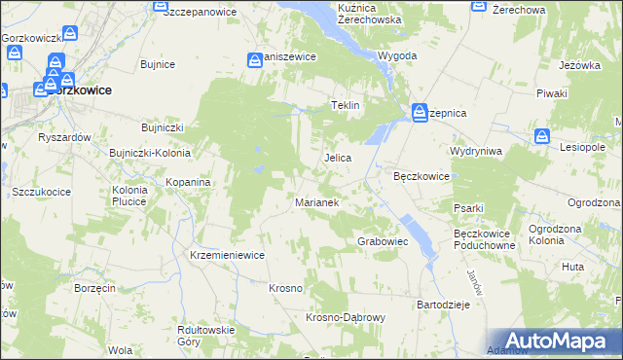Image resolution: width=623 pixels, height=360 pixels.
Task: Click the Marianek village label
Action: pos(316,202)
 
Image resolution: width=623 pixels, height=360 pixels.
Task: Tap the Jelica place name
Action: pos(337,157)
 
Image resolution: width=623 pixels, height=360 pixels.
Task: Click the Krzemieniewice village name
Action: pos(228,255)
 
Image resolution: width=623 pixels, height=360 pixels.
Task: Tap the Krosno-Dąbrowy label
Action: pos(347,318)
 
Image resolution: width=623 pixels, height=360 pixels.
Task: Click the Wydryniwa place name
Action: pos(475,152)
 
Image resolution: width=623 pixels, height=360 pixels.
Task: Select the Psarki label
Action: pos(468,207)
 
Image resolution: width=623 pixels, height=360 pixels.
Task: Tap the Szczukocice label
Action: pos(42,192)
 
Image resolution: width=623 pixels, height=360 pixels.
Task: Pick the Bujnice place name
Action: pos(157,64)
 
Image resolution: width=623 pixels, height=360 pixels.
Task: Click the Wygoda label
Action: pos(397,56)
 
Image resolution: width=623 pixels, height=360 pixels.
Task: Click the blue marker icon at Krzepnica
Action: pos(419,111)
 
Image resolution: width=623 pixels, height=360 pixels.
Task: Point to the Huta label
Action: pos(573,266)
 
